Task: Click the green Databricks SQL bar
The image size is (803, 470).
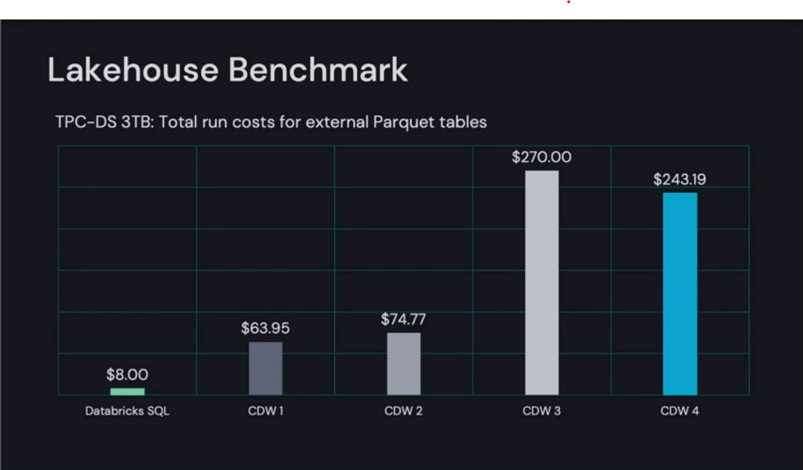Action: pos(127,392)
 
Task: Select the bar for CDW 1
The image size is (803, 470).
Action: pos(266,368)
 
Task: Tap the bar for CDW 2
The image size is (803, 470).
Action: pos(404,363)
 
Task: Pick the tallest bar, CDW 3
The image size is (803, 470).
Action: pos(542,283)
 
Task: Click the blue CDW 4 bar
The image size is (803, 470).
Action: pos(680,293)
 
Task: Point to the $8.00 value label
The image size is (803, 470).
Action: pos(127,375)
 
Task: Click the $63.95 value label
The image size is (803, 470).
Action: pos(266,328)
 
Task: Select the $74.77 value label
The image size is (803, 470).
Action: pos(404,319)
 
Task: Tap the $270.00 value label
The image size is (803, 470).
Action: pos(542,157)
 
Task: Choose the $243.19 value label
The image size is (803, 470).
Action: pos(680,180)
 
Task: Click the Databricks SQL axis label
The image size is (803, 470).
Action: pos(127,412)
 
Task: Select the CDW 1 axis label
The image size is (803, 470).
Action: pos(266,412)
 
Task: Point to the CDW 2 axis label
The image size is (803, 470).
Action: pos(404,412)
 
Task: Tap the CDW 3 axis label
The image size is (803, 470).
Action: pos(542,412)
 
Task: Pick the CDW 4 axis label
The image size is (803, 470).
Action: pos(680,412)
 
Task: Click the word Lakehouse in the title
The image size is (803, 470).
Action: pos(133,70)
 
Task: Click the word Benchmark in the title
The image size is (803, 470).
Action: pos(318,70)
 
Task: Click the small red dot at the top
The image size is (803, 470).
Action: pos(568,2)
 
